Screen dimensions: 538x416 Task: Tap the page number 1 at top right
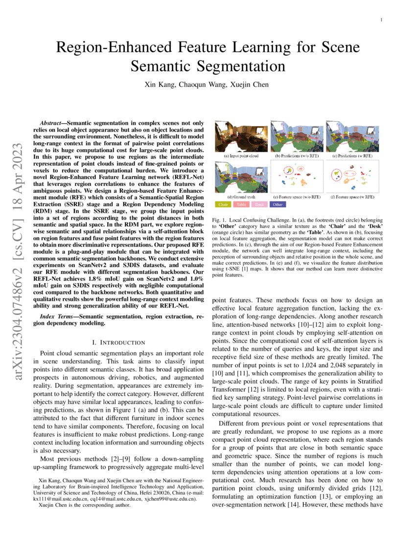click(x=381, y=20)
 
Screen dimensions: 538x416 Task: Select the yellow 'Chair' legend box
click(x=223, y=204)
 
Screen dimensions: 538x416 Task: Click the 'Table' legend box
click(x=241, y=204)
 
